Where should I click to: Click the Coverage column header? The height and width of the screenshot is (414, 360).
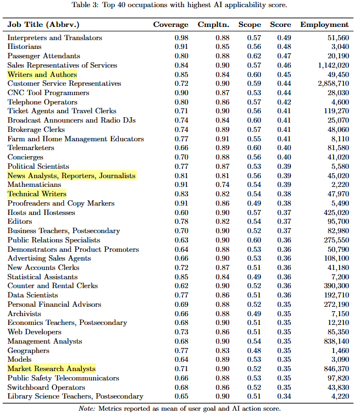(170, 25)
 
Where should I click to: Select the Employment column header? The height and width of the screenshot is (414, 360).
(324, 25)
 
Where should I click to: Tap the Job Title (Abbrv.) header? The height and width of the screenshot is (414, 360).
(44, 25)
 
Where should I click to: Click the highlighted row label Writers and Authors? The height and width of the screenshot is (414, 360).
(42, 74)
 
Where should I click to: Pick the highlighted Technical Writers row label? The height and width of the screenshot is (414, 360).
(37, 194)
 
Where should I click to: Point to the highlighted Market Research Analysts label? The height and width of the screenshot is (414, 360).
(51, 368)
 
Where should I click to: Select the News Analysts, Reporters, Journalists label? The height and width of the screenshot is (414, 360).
(71, 175)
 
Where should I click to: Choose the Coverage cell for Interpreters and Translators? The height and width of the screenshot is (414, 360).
(181, 37)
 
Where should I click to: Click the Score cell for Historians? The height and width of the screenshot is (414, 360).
(284, 47)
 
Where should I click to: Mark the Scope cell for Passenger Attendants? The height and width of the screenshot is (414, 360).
(253, 56)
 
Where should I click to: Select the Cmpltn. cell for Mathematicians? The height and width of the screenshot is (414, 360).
(222, 185)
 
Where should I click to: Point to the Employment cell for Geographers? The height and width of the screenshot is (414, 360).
(339, 350)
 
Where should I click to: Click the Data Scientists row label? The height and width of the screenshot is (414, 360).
(32, 295)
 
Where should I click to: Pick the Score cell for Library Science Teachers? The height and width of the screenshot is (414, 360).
(284, 396)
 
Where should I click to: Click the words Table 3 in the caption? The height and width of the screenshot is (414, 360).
(84, 5)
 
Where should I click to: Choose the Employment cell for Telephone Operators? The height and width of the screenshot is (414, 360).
(339, 102)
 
